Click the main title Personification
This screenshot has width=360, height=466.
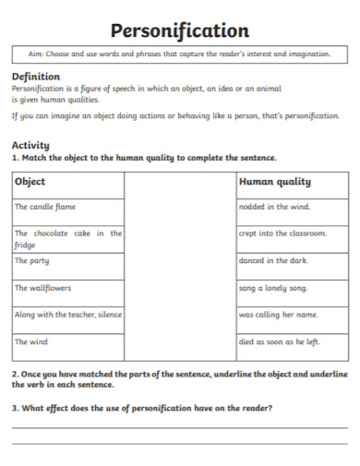pos(180,30)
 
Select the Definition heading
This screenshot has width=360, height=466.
pos(35,76)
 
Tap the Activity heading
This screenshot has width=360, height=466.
pos(30,145)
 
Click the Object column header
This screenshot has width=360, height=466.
pos(30,182)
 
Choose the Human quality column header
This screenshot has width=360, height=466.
pos(274,182)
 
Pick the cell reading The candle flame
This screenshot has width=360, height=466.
pos(45,207)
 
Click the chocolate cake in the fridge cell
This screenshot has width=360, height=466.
pos(67,239)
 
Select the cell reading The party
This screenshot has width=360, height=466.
pos(33,261)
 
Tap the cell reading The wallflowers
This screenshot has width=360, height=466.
pos(42,288)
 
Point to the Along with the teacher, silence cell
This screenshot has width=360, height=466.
pos(67,315)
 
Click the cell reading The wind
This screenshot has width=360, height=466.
pos(31,341)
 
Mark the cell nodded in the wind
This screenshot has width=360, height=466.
pos(274,207)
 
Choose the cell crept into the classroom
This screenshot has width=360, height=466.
pos(282,233)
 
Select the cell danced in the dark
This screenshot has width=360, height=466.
pos(274,261)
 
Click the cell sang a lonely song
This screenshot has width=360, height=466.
pos(273,288)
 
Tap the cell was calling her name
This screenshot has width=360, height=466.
pos(278,315)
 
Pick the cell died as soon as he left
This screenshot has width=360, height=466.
pos(279,341)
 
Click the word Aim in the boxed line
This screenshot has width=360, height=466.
pos(35,54)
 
